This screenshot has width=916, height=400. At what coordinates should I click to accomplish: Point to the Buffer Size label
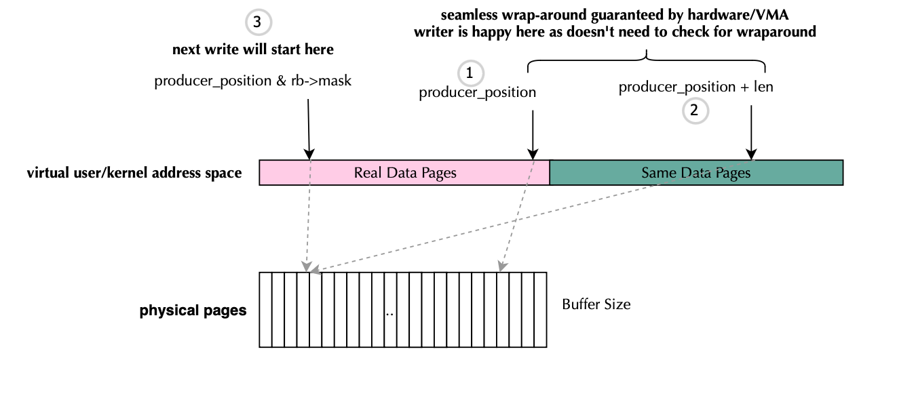point(596,305)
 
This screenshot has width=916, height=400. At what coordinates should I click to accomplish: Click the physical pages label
point(193,311)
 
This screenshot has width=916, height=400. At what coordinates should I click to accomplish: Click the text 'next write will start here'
point(252,49)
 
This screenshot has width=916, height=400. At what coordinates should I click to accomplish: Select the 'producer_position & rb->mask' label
point(252,81)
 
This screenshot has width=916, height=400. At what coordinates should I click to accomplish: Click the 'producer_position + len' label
point(695,87)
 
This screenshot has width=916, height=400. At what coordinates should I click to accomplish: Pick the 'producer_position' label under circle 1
point(477,92)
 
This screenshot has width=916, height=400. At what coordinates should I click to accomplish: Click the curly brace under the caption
point(646,60)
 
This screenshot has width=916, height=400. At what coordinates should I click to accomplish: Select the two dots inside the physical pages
point(389,315)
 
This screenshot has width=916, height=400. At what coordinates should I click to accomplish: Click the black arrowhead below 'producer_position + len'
point(751,154)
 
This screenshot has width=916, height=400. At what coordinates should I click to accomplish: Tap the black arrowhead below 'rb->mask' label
point(309,154)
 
